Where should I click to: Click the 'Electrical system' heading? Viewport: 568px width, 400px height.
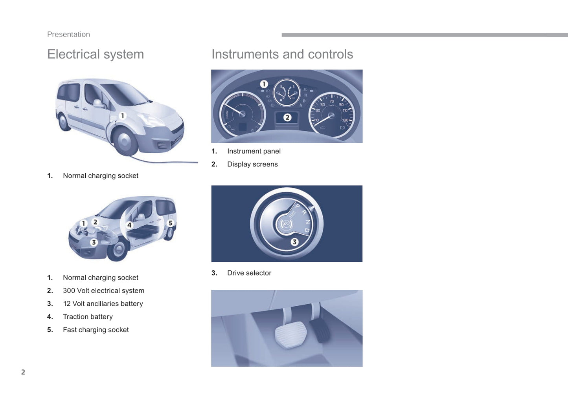pos(96,54)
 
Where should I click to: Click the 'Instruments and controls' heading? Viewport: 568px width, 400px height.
pos(282,54)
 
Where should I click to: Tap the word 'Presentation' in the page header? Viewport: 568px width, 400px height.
pos(68,35)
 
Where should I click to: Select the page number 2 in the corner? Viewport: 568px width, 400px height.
pos(23,372)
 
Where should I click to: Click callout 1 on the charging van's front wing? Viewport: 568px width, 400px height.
pos(123,116)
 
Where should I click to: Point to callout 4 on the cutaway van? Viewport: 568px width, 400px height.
pos(129,225)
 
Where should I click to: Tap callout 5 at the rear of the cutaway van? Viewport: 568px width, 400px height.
pos(171,223)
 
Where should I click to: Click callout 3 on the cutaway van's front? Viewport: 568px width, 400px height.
pos(94,242)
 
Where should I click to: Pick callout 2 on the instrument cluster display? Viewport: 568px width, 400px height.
pos(287,117)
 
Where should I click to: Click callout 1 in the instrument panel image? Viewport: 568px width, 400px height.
pos(264,84)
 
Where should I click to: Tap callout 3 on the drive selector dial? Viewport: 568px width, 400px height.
pos(294,242)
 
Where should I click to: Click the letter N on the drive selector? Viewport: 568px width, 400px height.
pos(308,221)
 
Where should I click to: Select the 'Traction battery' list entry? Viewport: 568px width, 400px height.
pos(88,317)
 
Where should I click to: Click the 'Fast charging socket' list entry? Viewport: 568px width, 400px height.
pos(96,330)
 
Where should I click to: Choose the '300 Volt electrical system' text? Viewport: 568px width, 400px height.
pos(103,290)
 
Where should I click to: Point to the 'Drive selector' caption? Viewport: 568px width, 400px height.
pos(249,273)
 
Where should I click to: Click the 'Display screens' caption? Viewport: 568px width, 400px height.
pos(252,164)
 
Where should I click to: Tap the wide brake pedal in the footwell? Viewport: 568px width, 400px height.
pos(290,334)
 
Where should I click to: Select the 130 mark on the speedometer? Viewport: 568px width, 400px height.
pos(345,120)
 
